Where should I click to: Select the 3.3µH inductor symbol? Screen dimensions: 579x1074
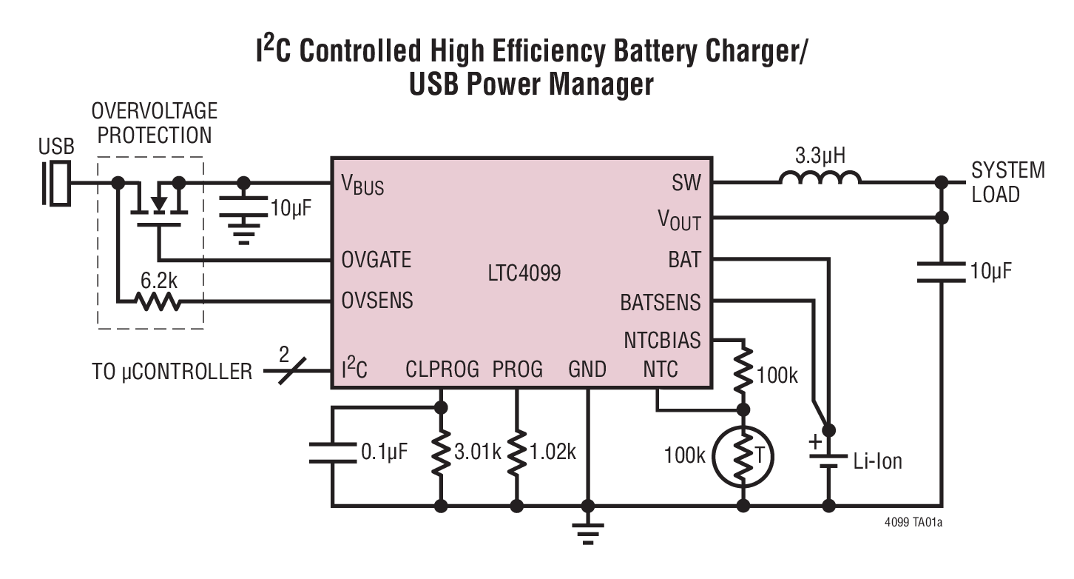820,178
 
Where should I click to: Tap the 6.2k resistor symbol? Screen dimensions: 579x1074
156,301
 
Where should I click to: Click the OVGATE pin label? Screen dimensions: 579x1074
376,260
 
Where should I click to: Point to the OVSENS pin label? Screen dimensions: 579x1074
376,301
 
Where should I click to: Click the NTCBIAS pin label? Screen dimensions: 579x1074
662,341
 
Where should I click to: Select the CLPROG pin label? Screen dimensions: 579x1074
442,369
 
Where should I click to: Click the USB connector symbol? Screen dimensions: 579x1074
57,181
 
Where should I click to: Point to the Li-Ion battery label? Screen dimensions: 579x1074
877,461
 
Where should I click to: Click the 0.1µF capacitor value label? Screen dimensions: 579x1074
383,451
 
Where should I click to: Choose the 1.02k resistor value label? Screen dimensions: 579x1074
551,451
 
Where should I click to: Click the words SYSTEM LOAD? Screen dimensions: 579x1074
1007,182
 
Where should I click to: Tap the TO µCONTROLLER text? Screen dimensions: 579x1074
172,370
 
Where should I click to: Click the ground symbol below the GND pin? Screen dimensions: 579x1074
588,531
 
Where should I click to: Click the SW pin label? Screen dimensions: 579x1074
686,182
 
